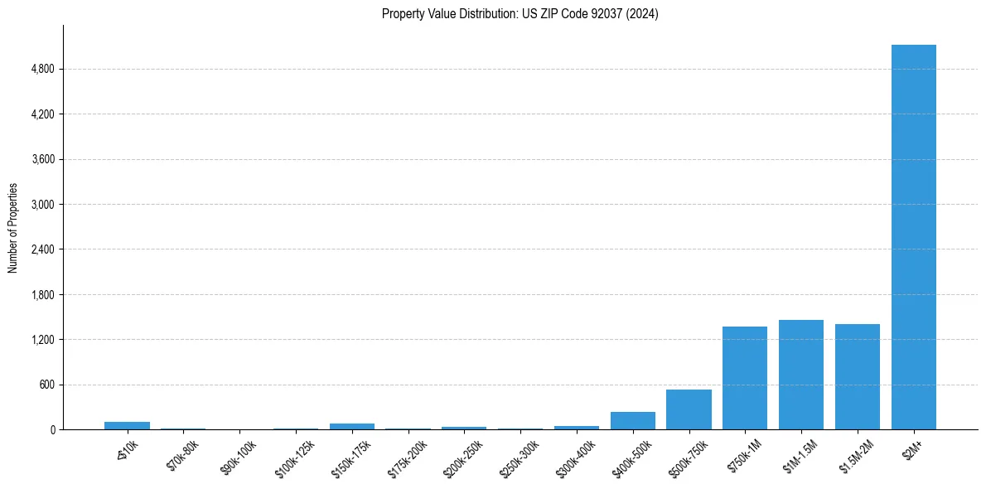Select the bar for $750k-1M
coord(744,378)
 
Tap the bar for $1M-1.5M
coord(800,375)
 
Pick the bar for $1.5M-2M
coord(857,377)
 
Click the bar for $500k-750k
coord(688,409)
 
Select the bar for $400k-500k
coord(632,421)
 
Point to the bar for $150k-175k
coord(351,426)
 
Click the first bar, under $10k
coord(127,425)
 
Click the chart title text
coord(520,13)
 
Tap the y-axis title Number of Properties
coord(13,227)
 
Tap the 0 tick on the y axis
coord(53,430)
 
